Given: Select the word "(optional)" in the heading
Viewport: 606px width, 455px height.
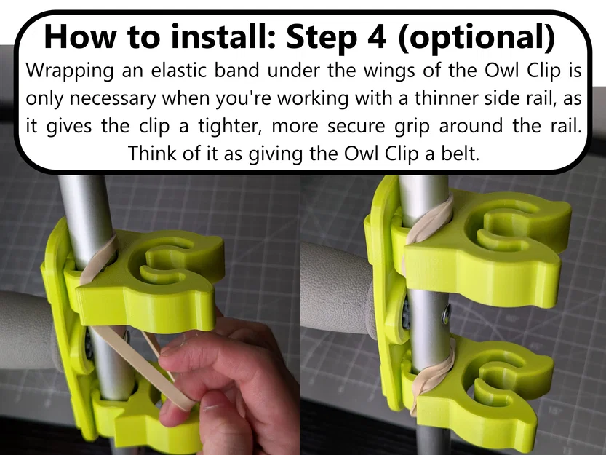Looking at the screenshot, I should [475, 36].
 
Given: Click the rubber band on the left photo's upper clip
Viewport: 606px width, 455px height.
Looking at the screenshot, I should [98, 261].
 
